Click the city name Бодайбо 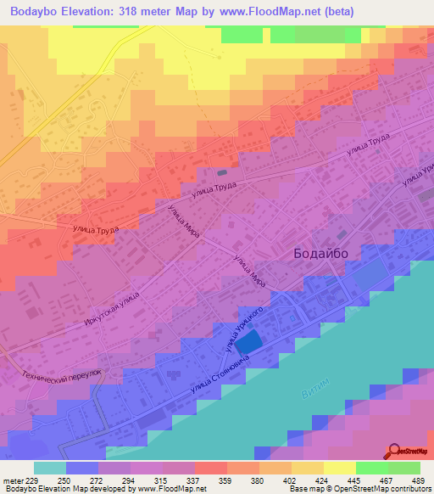tap(320, 253)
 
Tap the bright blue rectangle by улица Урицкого tap(248, 343)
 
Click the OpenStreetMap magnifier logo tap(394, 451)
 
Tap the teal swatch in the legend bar tap(49, 468)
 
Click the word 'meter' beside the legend tap(12, 480)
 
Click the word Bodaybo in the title tap(32, 11)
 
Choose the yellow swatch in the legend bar tap(339, 468)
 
